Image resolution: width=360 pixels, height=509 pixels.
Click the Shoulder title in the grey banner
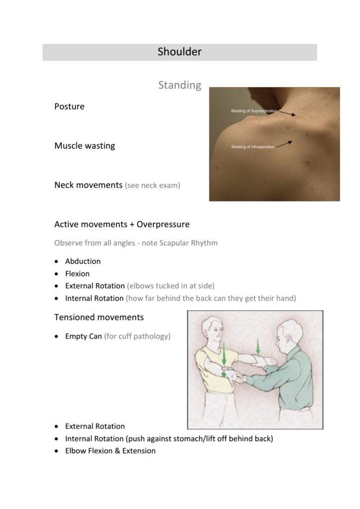[x=180, y=52]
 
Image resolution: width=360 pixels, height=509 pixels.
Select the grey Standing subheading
[x=180, y=85]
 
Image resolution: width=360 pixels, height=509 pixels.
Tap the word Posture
[x=69, y=106]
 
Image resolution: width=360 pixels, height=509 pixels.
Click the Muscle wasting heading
[x=85, y=146]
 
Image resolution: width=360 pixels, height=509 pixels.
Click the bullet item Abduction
[x=83, y=261]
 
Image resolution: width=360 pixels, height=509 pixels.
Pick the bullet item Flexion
[x=77, y=273]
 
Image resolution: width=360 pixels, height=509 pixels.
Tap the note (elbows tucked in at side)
[x=171, y=286]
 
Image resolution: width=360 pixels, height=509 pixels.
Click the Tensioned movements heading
[x=99, y=317]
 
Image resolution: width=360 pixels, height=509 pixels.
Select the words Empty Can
[x=84, y=337]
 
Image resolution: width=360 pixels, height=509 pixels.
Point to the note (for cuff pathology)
[x=137, y=337]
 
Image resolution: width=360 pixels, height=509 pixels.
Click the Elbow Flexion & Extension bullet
[x=110, y=451]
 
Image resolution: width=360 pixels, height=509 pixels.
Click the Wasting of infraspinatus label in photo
[x=253, y=147]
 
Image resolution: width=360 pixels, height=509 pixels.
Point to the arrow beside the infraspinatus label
[x=284, y=144]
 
